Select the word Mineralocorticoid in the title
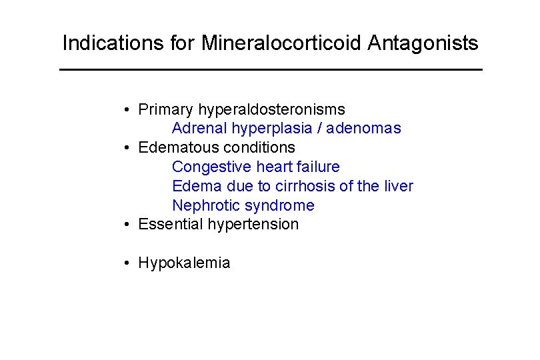[x=281, y=44]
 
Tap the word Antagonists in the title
[x=423, y=44]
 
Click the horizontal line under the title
[x=270, y=70]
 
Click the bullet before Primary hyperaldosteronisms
[x=126, y=109]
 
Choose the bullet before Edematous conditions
[x=126, y=147]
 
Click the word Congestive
[x=212, y=167]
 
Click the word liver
[x=397, y=186]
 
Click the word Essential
[x=171, y=224]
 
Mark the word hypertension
[x=253, y=225]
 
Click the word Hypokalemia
[x=184, y=263]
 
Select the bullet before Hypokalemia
[x=126, y=263]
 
